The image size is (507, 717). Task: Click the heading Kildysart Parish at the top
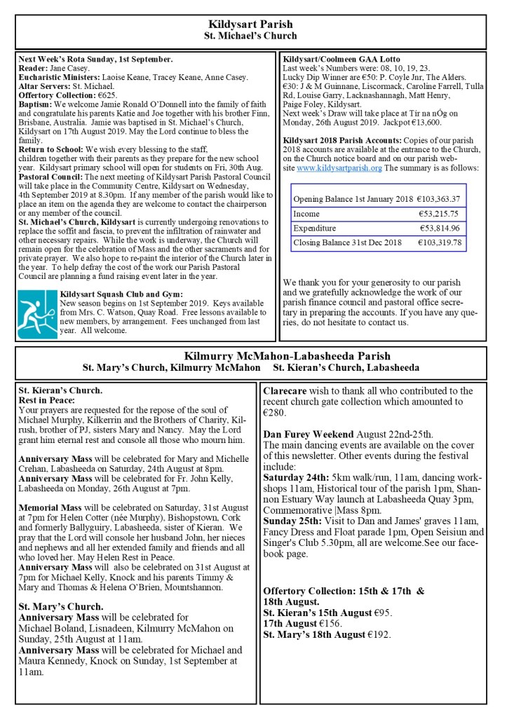point(250,25)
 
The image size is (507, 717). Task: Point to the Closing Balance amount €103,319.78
point(439,243)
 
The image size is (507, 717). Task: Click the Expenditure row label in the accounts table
point(314,228)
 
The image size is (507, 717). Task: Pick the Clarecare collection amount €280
point(273,414)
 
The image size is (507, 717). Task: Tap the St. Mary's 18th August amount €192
point(379,635)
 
